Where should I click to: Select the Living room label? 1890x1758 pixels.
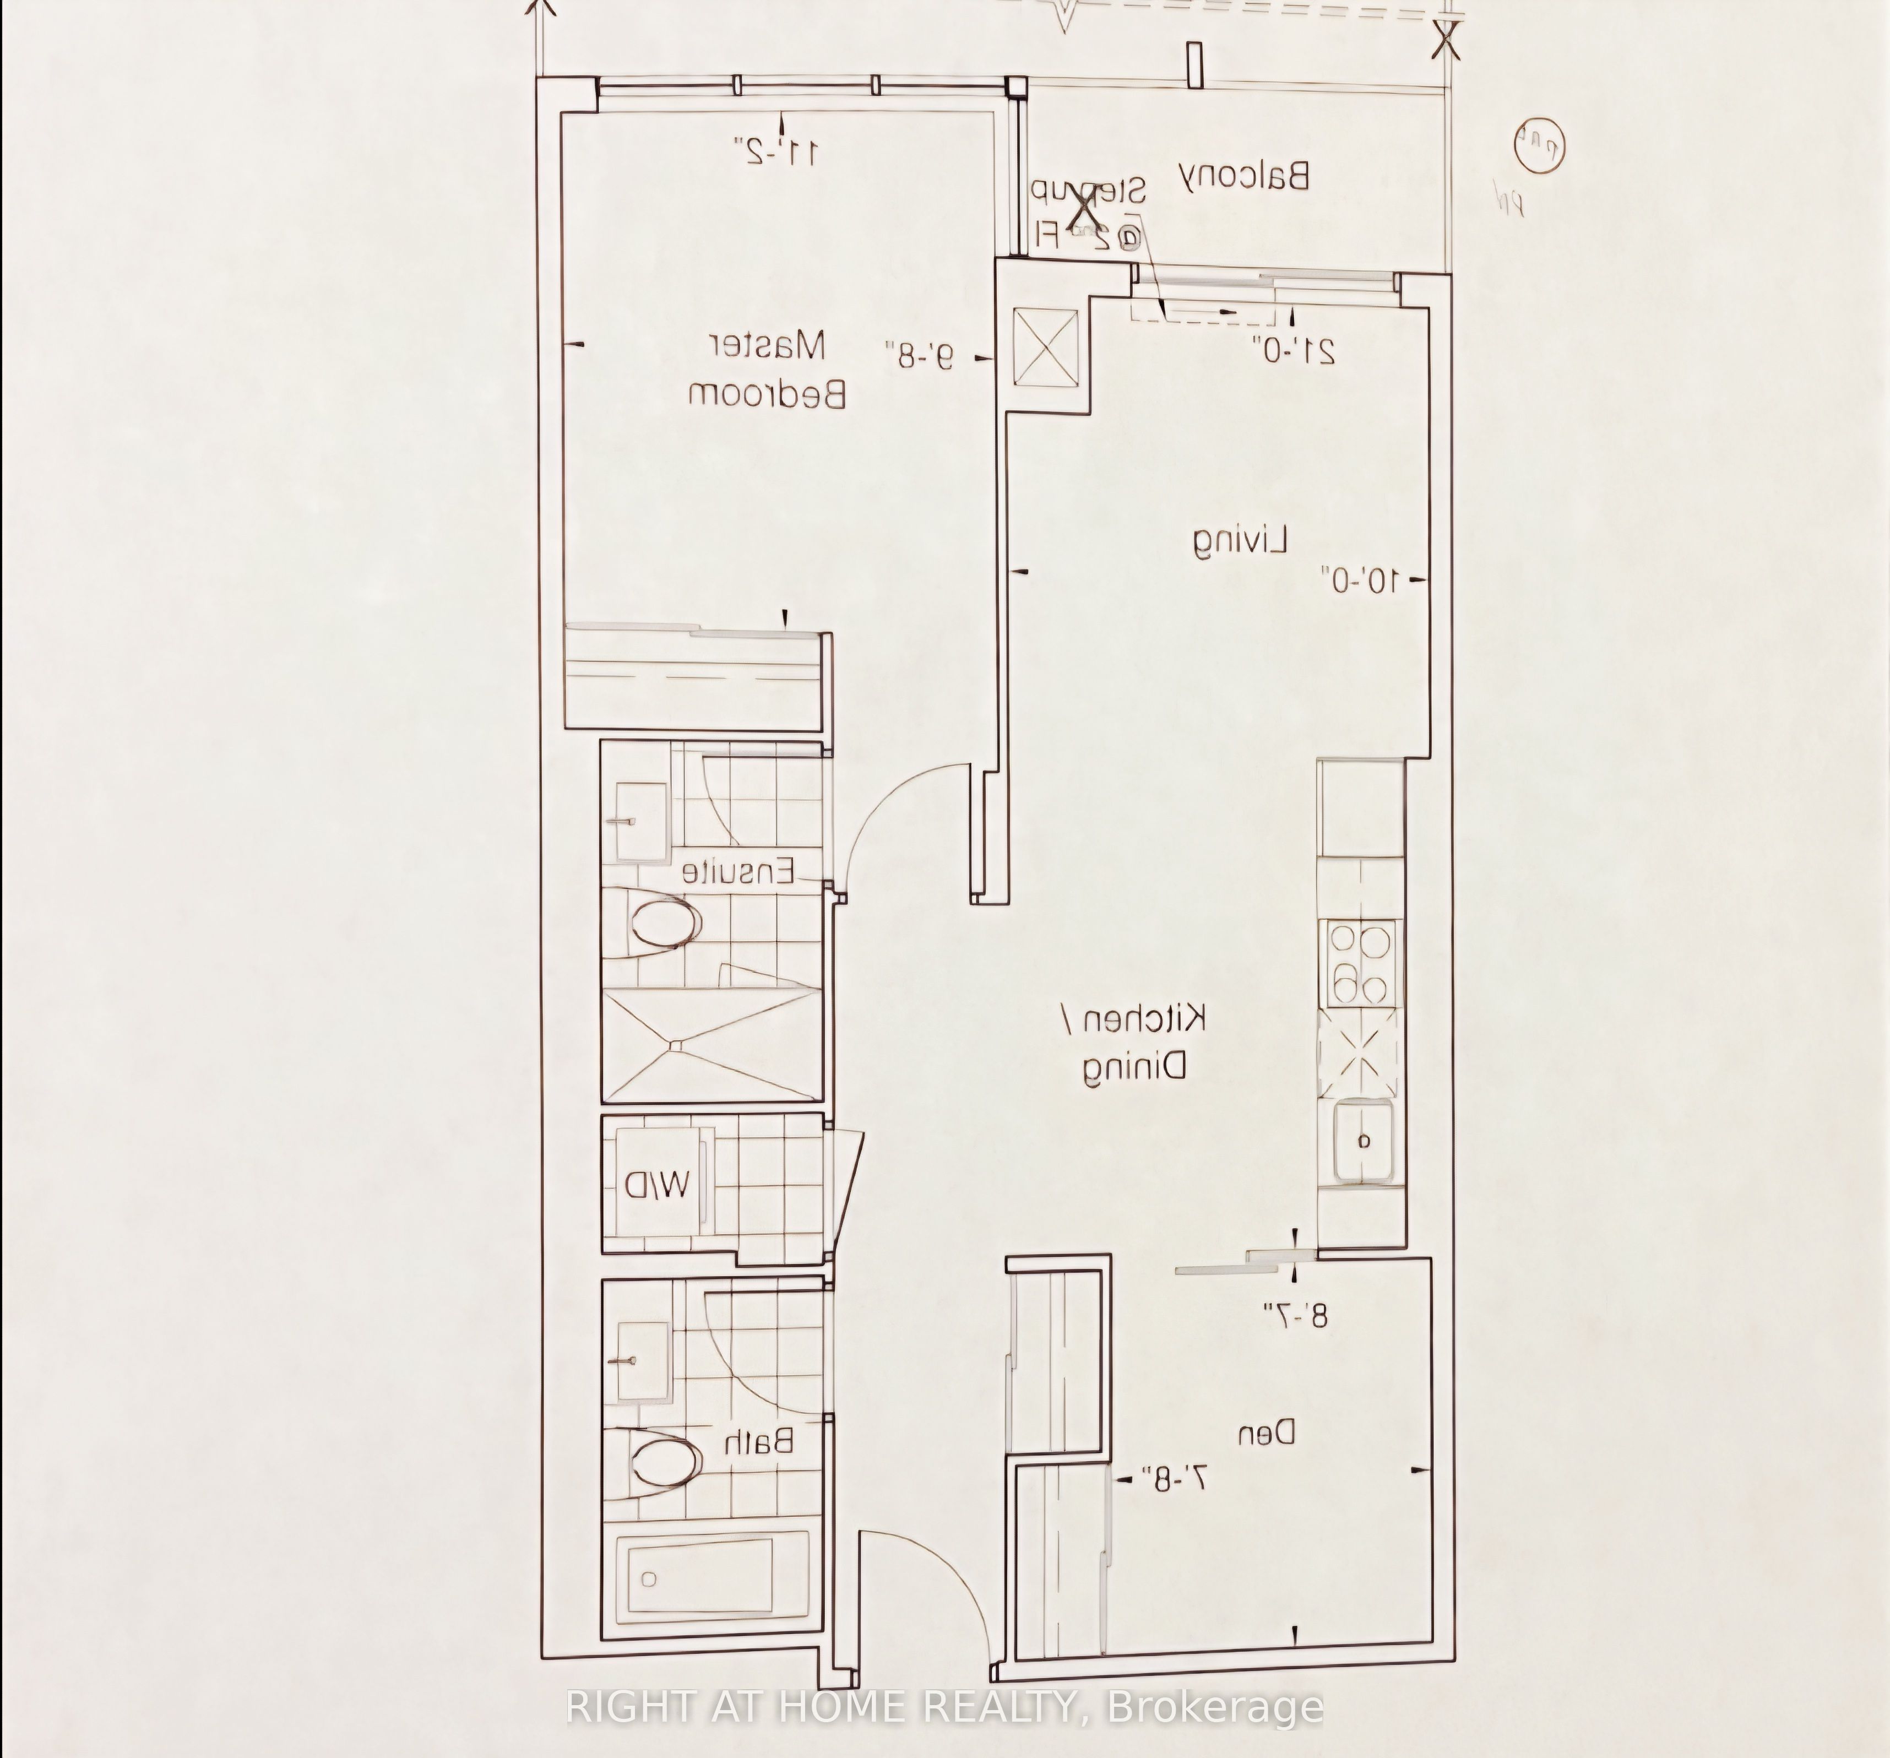pos(1241,540)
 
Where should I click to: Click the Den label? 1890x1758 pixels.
pos(1267,1432)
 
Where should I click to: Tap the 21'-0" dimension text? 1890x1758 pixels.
pos(1294,349)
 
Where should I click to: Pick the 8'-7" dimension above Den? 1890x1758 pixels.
pos(1295,1315)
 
